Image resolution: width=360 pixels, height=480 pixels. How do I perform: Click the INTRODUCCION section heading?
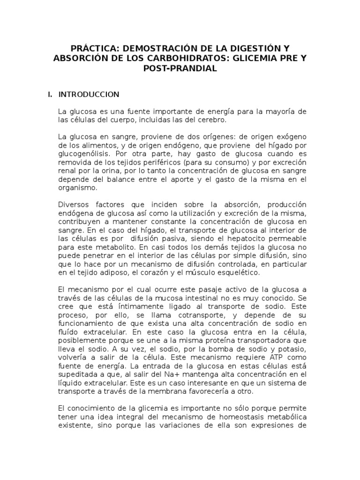coord(89,94)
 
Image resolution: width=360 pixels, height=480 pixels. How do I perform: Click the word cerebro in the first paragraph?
coord(211,120)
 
